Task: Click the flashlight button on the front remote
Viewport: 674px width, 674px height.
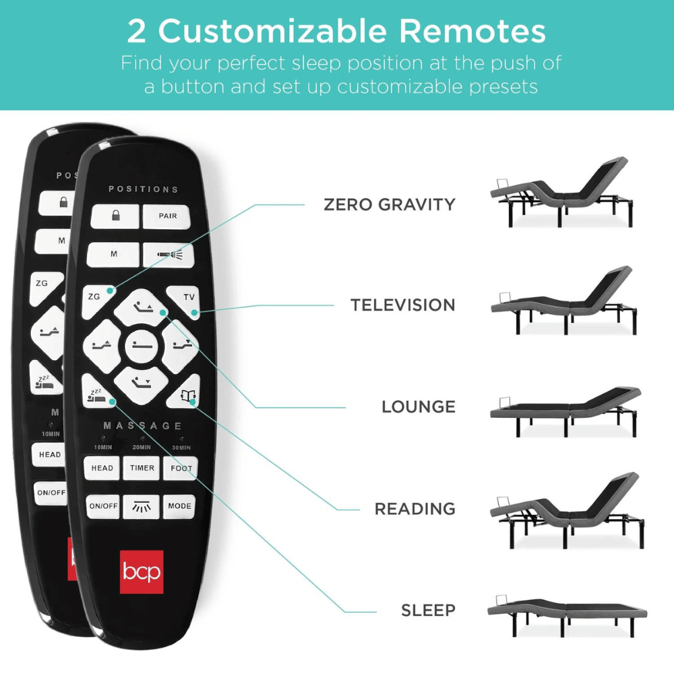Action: (x=168, y=254)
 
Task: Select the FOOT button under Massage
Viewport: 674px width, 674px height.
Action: (x=181, y=468)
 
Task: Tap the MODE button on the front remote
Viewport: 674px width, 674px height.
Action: (x=180, y=506)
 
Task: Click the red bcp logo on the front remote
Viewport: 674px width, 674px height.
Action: (x=141, y=572)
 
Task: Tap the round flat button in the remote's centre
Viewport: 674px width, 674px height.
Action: (x=141, y=347)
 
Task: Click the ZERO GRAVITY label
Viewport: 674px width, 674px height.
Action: (x=390, y=204)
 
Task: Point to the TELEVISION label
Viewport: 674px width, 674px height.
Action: (x=402, y=305)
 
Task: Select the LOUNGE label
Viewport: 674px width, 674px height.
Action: (x=418, y=407)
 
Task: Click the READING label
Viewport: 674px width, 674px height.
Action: (x=415, y=509)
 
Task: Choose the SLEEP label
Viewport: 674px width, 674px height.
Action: (x=428, y=611)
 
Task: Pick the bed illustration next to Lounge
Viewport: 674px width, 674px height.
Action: (x=565, y=409)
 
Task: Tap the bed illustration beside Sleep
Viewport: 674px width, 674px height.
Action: (x=567, y=615)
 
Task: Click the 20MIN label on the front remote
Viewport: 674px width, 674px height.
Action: (x=142, y=448)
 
